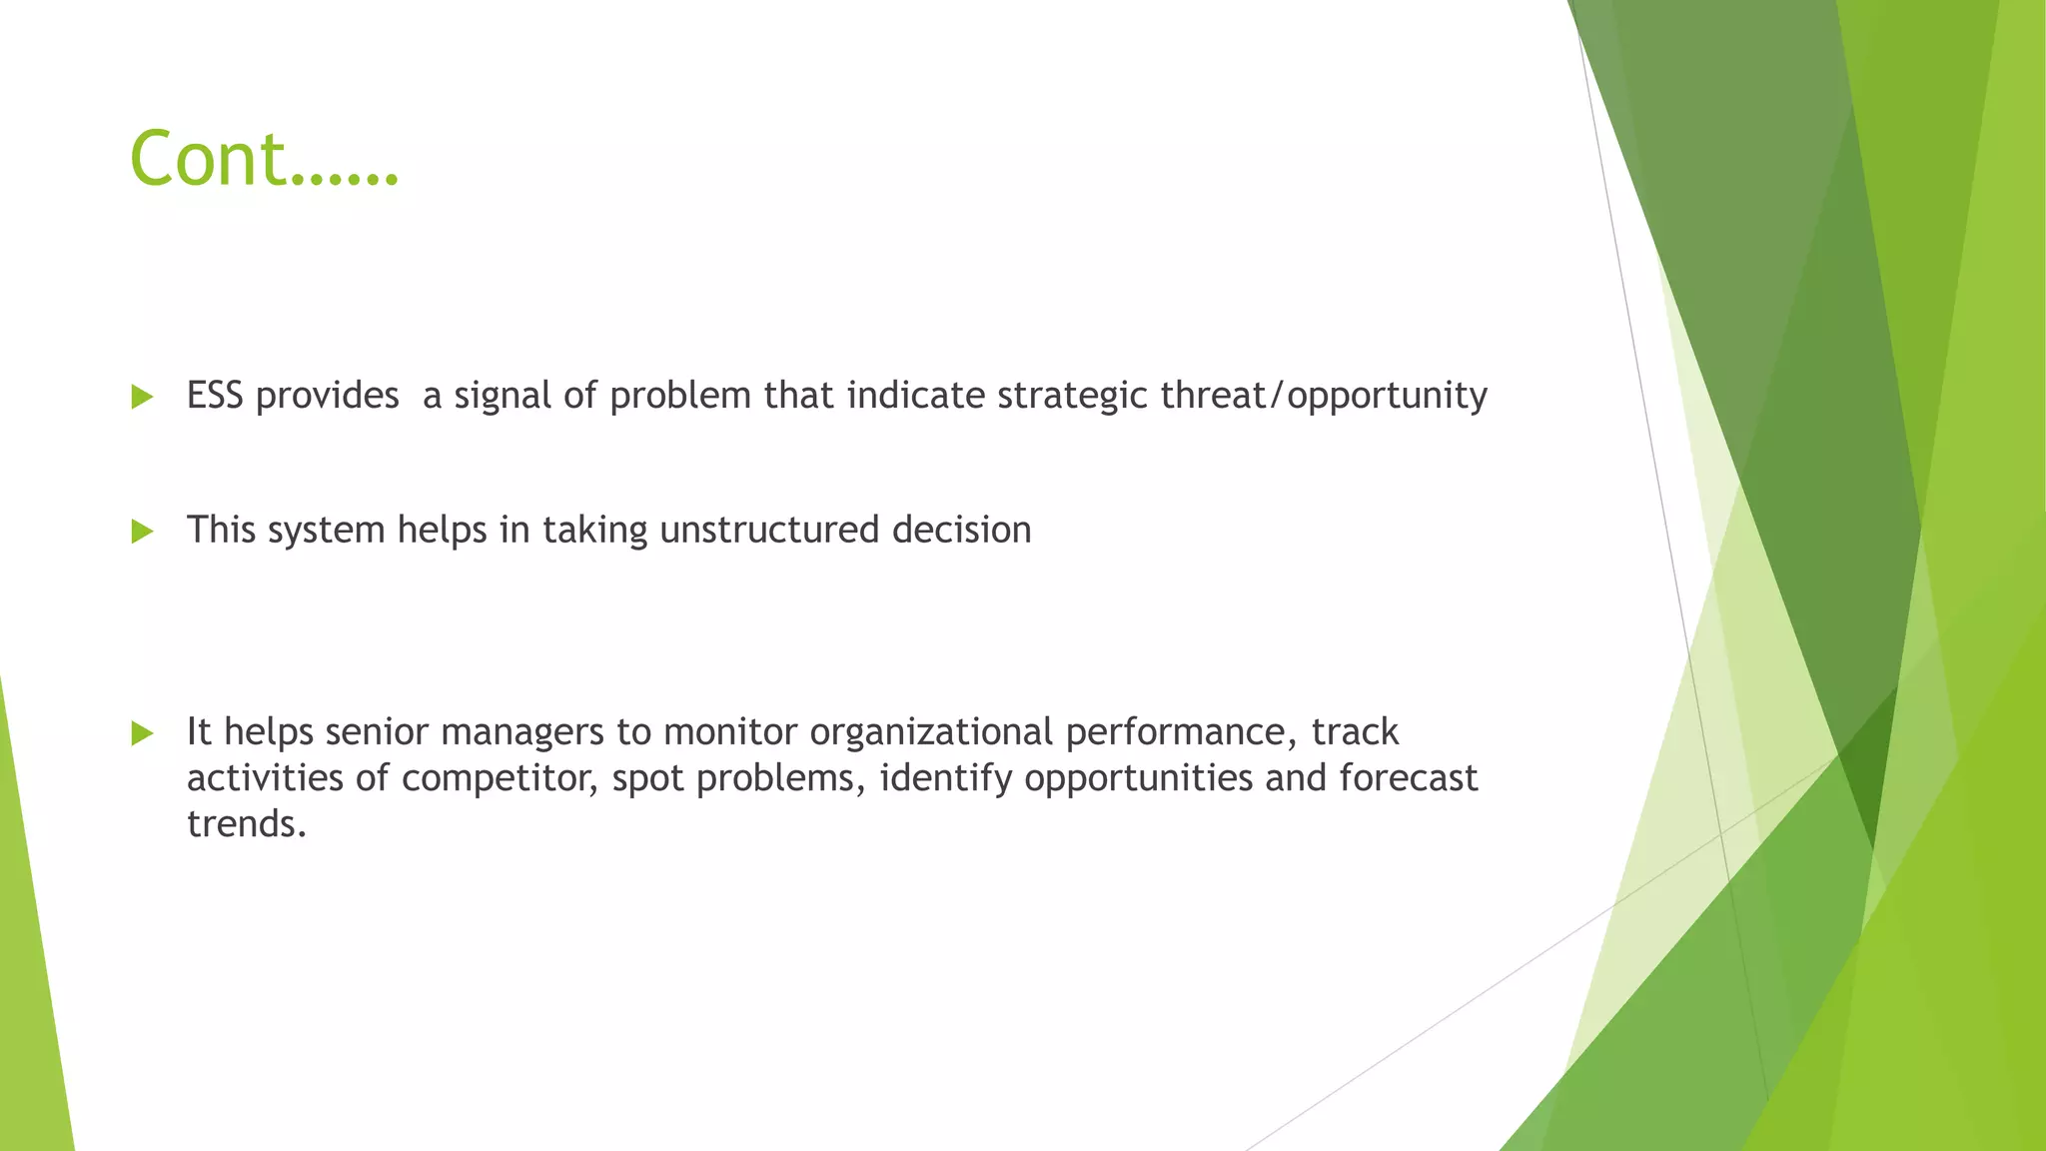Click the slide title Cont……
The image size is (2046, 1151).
[264, 160]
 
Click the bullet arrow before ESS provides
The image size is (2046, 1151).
[142, 397]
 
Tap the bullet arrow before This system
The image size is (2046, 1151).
[142, 531]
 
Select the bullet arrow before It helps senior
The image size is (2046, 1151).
[142, 733]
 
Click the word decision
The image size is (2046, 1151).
[961, 530]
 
